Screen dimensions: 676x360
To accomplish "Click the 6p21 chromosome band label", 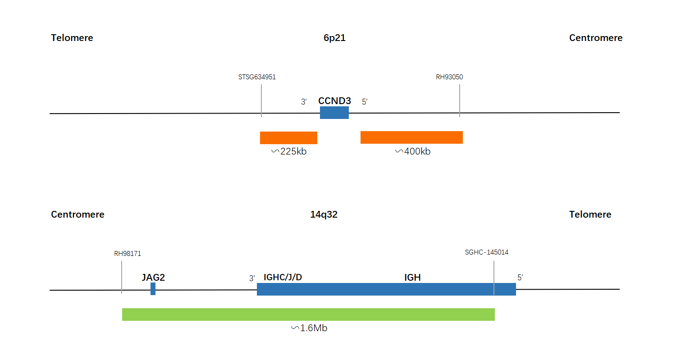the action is (334, 38).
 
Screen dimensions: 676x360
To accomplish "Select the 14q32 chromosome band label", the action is (324, 214).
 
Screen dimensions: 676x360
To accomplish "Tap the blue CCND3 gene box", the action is (334, 113).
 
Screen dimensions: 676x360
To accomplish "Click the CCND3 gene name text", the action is (334, 101).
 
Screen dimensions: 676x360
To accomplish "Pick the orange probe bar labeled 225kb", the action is (288, 137).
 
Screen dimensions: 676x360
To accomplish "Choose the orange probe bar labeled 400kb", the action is (411, 137).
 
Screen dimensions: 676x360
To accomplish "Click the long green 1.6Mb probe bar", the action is (308, 314).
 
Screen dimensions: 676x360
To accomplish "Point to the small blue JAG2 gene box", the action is (153, 289).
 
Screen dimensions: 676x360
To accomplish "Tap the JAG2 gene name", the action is (153, 277).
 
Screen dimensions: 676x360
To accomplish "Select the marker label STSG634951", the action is (257, 77).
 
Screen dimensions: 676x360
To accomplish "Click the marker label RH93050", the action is (449, 77).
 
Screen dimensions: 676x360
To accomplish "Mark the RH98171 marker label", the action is (128, 254).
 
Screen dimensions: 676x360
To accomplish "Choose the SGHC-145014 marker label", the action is (486, 252).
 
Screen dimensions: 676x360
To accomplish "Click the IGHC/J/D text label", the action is (283, 277).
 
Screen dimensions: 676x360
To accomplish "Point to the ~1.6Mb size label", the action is (309, 328).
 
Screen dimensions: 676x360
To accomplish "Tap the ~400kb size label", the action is (413, 151).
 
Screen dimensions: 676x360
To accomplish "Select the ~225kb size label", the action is (289, 151).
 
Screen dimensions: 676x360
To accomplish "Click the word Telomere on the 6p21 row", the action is (72, 38).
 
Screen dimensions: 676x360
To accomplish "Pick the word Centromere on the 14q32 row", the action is (78, 214).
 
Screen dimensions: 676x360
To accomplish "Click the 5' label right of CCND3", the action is (365, 102).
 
